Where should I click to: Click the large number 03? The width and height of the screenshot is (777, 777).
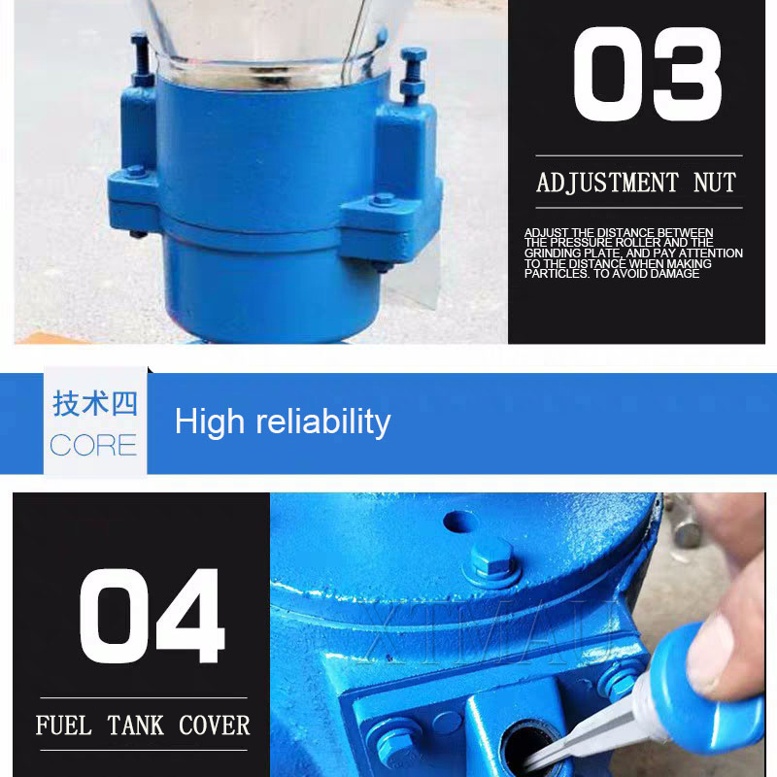(647, 75)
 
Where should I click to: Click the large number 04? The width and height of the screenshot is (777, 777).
(152, 616)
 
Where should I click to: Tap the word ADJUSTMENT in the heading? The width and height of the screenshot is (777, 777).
(608, 183)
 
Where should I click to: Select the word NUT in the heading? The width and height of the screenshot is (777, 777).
(715, 183)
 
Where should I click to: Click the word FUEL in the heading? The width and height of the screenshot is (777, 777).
(63, 726)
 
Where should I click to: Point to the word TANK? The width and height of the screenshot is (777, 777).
(135, 726)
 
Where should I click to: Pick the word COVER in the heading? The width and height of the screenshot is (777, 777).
(214, 726)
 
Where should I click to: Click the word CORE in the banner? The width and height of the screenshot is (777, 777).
(93, 445)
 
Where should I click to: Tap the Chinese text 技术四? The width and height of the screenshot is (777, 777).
(94, 403)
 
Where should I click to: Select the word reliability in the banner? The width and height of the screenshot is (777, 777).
(323, 422)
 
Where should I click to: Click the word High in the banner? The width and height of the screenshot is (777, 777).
(210, 422)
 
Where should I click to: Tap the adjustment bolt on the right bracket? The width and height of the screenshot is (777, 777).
(412, 76)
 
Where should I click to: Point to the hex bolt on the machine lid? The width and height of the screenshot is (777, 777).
(491, 561)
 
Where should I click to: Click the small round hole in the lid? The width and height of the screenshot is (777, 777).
(460, 522)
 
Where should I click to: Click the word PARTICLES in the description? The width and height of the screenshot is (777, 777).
(556, 274)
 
